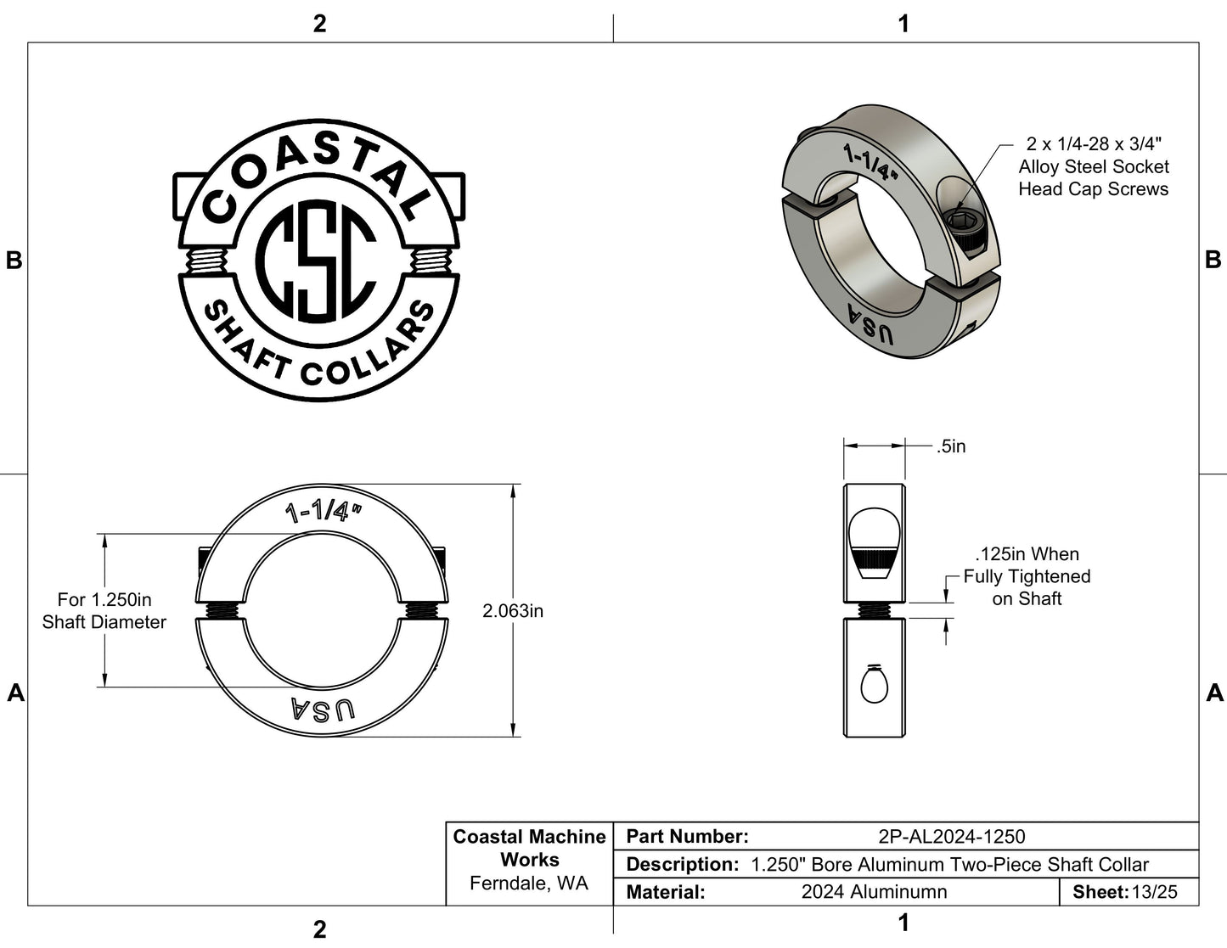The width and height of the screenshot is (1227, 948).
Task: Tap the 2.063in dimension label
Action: click(513, 610)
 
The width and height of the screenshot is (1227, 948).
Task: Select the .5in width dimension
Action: click(951, 446)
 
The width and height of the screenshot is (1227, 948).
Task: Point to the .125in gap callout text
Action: click(1027, 576)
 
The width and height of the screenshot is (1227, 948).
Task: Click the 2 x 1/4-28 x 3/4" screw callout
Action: click(1093, 166)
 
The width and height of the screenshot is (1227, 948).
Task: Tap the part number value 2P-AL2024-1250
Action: click(951, 837)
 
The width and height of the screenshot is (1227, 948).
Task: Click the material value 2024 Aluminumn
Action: click(874, 892)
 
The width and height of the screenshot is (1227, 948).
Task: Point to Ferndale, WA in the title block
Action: click(529, 883)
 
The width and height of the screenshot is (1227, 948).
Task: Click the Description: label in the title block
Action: click(681, 865)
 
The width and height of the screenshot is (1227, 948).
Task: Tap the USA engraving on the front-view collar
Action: click(323, 710)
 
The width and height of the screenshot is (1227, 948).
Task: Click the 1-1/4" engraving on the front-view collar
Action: click(323, 512)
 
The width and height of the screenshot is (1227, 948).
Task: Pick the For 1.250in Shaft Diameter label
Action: click(104, 610)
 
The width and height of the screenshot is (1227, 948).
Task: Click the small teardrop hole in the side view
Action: click(873, 685)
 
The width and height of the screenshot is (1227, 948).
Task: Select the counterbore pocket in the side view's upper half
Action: click(874, 543)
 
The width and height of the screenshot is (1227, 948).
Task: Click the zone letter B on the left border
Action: click(14, 261)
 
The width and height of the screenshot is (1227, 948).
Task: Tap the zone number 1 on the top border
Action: click(903, 23)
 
